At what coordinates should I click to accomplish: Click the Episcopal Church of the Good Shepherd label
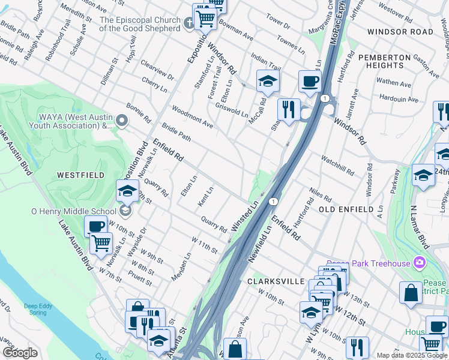click(x=139, y=24)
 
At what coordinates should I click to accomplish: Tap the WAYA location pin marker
click(x=122, y=122)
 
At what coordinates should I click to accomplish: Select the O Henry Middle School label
click(x=74, y=211)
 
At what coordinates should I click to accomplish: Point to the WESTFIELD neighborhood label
click(x=80, y=175)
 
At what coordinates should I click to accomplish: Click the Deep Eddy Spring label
click(x=35, y=309)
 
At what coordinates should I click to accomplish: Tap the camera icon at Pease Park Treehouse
click(x=419, y=263)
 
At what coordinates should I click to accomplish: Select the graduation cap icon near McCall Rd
click(x=268, y=81)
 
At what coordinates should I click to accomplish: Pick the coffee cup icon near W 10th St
click(x=95, y=227)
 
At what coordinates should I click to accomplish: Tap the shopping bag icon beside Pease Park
click(x=411, y=292)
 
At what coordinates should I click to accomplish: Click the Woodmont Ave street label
click(x=192, y=117)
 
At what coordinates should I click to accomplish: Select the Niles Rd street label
click(x=321, y=195)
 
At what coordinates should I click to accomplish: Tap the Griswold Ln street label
click(x=232, y=109)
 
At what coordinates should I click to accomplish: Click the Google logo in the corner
click(x=20, y=353)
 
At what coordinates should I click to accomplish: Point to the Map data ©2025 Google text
click(x=412, y=355)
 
